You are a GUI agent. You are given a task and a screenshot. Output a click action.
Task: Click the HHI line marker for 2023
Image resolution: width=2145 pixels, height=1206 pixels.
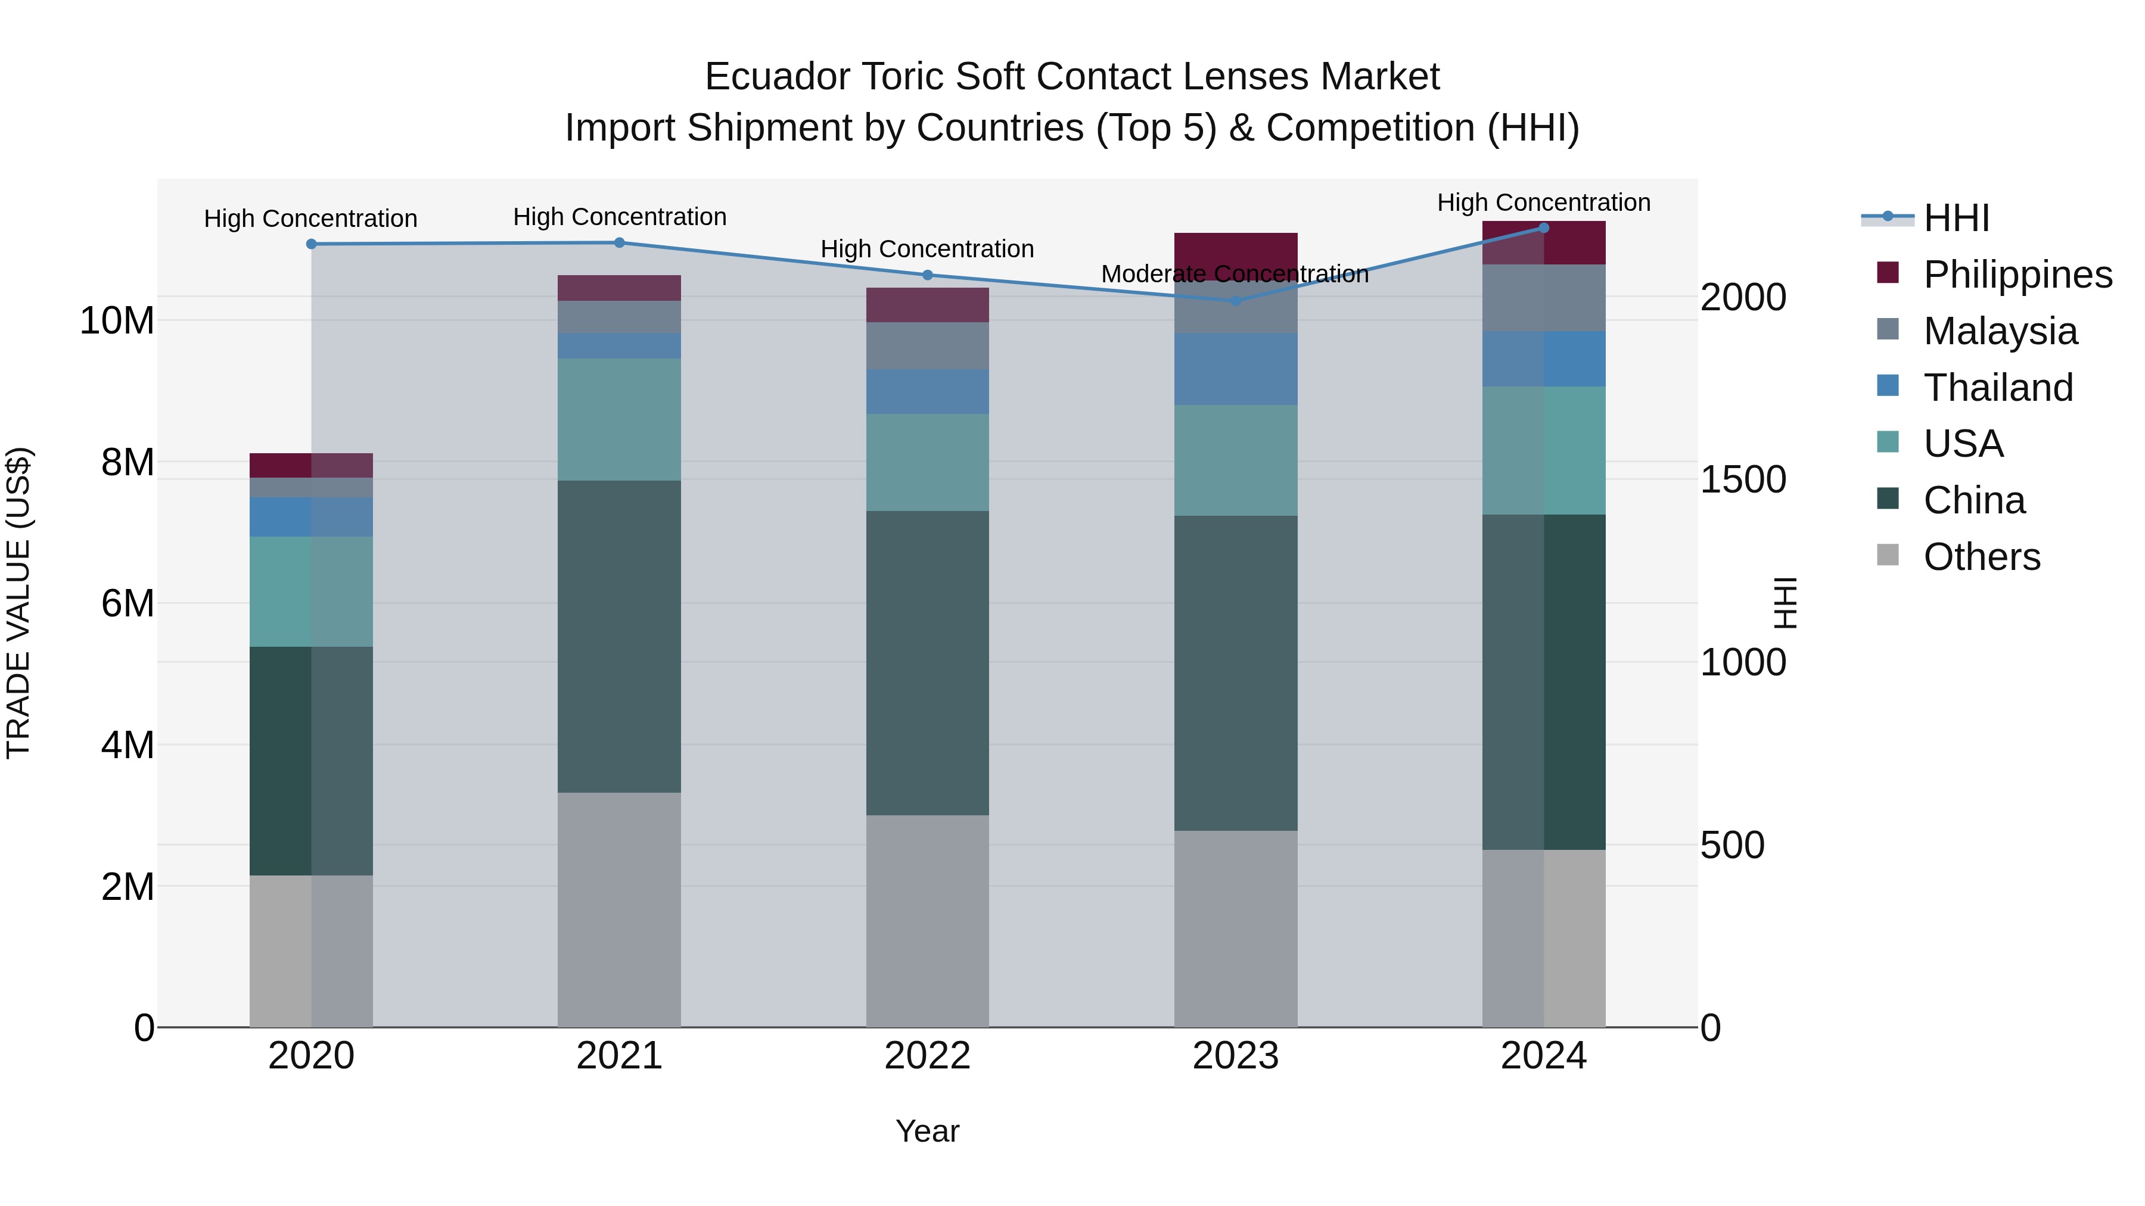1235,301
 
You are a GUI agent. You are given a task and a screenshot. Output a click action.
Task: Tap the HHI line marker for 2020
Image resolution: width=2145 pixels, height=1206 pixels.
312,244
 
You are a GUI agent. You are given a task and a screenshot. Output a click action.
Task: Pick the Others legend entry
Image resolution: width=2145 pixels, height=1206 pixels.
1981,557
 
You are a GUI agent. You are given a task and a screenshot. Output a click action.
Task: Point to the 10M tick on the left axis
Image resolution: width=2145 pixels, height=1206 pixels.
117,320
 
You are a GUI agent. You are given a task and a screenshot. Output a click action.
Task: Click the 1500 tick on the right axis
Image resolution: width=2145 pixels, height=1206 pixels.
1743,480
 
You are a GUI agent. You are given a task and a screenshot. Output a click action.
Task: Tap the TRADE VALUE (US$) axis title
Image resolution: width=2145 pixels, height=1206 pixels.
18,603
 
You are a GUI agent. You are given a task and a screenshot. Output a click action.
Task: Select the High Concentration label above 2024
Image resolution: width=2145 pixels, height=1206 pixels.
1543,202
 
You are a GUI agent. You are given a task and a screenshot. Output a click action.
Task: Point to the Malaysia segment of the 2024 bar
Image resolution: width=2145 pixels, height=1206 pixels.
1543,298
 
